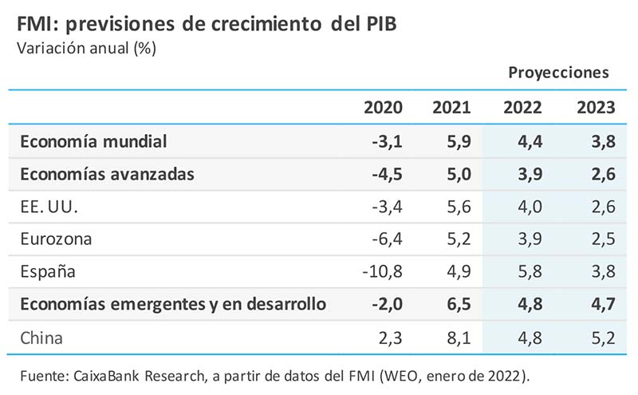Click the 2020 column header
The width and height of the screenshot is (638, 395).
384,108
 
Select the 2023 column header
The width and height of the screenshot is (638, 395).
595,108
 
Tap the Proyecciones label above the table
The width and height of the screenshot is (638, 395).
558,73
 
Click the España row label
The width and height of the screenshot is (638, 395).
49,271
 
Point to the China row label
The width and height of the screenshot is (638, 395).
41,338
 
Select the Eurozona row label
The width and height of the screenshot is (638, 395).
56,239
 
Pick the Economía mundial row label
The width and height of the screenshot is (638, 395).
93,141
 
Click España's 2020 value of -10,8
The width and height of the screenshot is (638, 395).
382,271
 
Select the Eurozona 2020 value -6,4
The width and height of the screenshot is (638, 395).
387,239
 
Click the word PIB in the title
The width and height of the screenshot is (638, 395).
375,23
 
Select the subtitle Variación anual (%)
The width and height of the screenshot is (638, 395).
86,48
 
